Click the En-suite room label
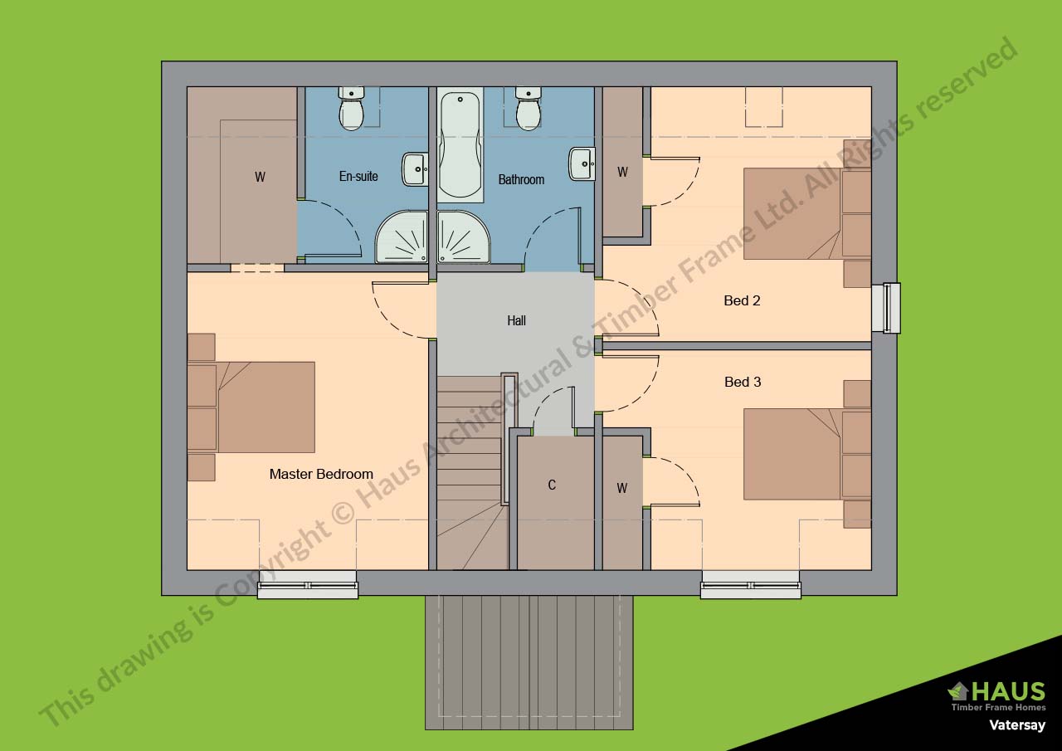point(358,176)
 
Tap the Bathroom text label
point(521,179)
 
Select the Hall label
point(516,320)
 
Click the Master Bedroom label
point(321,474)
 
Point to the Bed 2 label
point(742,300)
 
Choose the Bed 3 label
point(742,382)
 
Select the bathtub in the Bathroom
point(460,145)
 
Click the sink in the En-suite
point(415,168)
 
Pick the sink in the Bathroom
point(582,163)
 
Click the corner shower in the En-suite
point(403,239)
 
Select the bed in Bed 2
point(792,213)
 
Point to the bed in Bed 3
point(792,454)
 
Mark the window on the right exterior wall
point(891,308)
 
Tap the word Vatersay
point(1016,725)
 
